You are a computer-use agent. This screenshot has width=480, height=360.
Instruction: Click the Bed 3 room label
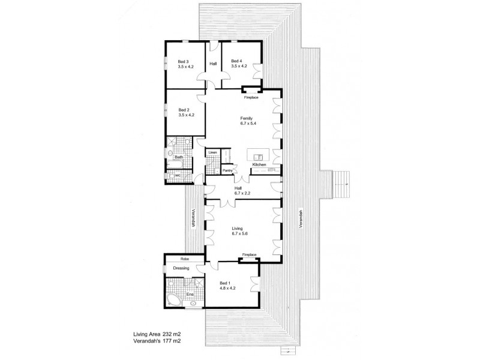tap(184, 61)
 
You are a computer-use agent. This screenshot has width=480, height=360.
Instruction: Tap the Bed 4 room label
tap(236, 61)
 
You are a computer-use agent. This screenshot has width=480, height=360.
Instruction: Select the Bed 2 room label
tap(184, 110)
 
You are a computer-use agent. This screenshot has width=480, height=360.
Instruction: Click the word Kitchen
tap(259, 164)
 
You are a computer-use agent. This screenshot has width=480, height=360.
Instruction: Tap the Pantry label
tap(227, 170)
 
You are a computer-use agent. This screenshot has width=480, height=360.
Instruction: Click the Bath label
tap(178, 157)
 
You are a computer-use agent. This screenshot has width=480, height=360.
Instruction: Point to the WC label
tap(178, 175)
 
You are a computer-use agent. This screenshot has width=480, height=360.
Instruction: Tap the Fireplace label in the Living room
tap(249, 256)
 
